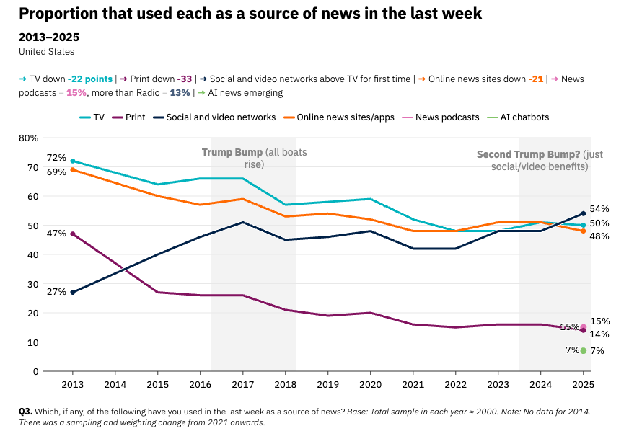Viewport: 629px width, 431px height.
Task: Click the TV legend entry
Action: click(x=92, y=117)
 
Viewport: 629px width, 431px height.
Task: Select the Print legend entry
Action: click(x=128, y=117)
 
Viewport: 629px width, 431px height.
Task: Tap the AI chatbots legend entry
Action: click(x=518, y=117)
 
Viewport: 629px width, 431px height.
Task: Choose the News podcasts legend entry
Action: click(x=441, y=117)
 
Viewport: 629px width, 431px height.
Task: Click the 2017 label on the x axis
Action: click(x=242, y=384)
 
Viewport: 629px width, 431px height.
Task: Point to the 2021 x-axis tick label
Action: click(x=413, y=384)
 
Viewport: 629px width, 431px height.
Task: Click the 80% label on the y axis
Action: click(x=28, y=138)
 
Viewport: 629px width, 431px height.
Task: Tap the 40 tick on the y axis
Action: click(x=33, y=254)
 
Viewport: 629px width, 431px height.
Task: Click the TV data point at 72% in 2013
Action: click(x=73, y=161)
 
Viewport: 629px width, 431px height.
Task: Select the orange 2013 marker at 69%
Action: click(x=73, y=170)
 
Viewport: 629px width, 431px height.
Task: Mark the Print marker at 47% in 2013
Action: click(x=73, y=234)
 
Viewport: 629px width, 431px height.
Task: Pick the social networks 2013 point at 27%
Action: click(x=73, y=293)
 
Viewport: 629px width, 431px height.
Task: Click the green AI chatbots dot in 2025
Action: click(x=584, y=351)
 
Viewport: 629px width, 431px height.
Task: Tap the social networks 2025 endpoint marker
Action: click(x=584, y=213)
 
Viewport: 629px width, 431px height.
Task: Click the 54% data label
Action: click(x=599, y=209)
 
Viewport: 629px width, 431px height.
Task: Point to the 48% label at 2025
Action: click(x=599, y=236)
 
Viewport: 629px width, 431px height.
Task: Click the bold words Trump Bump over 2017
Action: click(x=232, y=152)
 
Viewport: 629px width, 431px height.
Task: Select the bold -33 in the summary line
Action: click(x=185, y=79)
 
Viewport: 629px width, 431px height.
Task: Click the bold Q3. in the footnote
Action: click(x=26, y=412)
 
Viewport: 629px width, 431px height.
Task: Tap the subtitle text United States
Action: click(x=47, y=52)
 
